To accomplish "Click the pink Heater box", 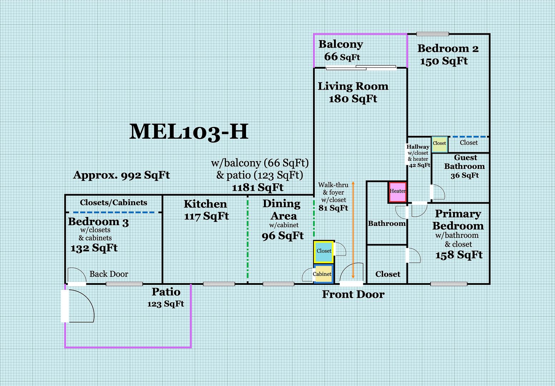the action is click(x=398, y=192).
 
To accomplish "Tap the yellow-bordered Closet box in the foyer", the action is click(x=324, y=252).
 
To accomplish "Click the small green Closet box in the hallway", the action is click(x=439, y=144).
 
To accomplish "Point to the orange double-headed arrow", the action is click(x=353, y=230).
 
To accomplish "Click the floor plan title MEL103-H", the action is click(x=189, y=132).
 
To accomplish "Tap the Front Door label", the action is click(x=353, y=295).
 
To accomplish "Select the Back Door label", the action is click(x=109, y=274).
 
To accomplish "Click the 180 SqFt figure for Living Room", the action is click(x=353, y=99).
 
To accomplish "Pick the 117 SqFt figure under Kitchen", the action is click(x=206, y=216).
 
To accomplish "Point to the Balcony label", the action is click(x=341, y=45).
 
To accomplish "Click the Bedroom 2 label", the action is click(x=448, y=49).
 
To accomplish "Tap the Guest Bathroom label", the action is click(x=465, y=162).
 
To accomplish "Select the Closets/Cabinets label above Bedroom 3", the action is click(x=113, y=203).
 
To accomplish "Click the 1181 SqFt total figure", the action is click(x=258, y=187).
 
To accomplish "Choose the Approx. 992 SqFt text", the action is click(x=122, y=175).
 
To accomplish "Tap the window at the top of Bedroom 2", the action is click(x=433, y=34).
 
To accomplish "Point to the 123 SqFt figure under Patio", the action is click(x=166, y=304).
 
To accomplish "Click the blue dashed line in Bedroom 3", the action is click(x=114, y=212).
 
